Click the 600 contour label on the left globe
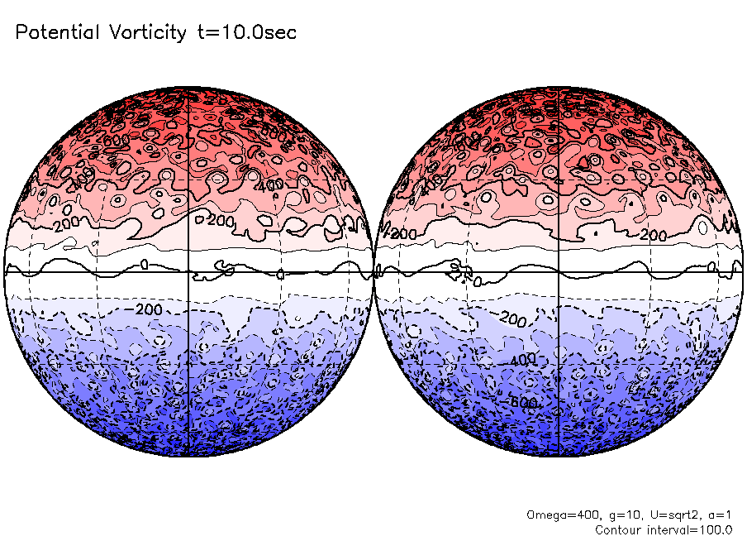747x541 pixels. coord(115,141)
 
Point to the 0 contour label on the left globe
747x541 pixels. coord(144,264)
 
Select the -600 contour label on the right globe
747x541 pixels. coord(523,402)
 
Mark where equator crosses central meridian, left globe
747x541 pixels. coord(189,271)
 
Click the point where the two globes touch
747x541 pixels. coord(375,271)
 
